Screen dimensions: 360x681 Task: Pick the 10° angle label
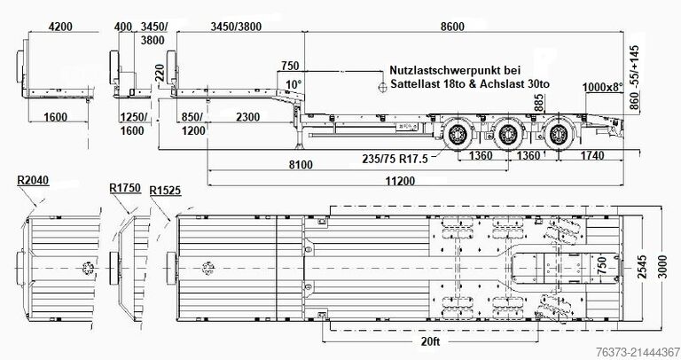293,83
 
